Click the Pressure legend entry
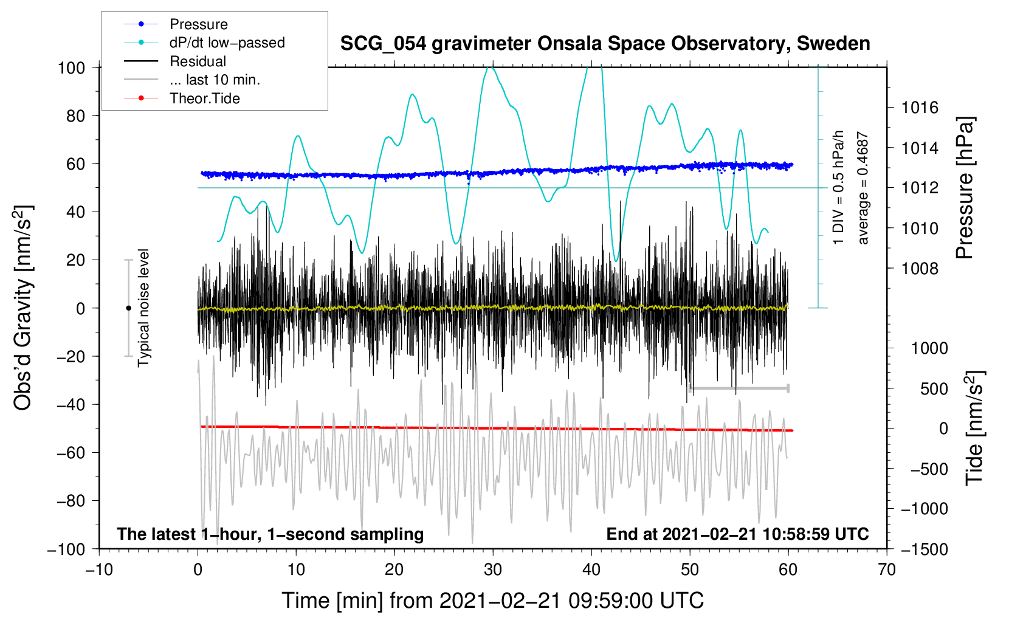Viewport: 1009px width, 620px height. (x=198, y=24)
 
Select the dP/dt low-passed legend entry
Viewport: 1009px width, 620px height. (x=226, y=43)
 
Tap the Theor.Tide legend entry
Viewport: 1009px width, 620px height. (x=204, y=98)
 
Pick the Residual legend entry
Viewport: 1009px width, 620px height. (x=198, y=61)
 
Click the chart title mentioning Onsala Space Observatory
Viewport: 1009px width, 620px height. (x=605, y=44)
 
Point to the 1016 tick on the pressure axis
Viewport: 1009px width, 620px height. (x=920, y=108)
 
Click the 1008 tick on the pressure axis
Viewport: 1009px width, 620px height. (x=920, y=269)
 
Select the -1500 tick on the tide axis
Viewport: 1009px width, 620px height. (x=925, y=549)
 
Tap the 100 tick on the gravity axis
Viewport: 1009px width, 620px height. (x=71, y=67)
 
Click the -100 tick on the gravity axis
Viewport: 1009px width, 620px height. (x=67, y=549)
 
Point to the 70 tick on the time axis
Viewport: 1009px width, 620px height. (x=887, y=570)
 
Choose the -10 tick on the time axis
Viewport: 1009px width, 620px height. (x=99, y=570)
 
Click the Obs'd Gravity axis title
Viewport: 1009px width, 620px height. (x=23, y=308)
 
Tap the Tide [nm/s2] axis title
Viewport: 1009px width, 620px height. (x=974, y=428)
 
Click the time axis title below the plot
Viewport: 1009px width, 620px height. (x=492, y=601)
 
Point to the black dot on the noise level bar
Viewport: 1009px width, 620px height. (x=128, y=308)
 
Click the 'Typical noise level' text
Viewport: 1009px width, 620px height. (x=143, y=308)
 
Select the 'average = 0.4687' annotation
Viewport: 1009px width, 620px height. (x=863, y=188)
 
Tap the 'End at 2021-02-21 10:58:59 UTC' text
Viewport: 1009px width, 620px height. (x=737, y=534)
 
